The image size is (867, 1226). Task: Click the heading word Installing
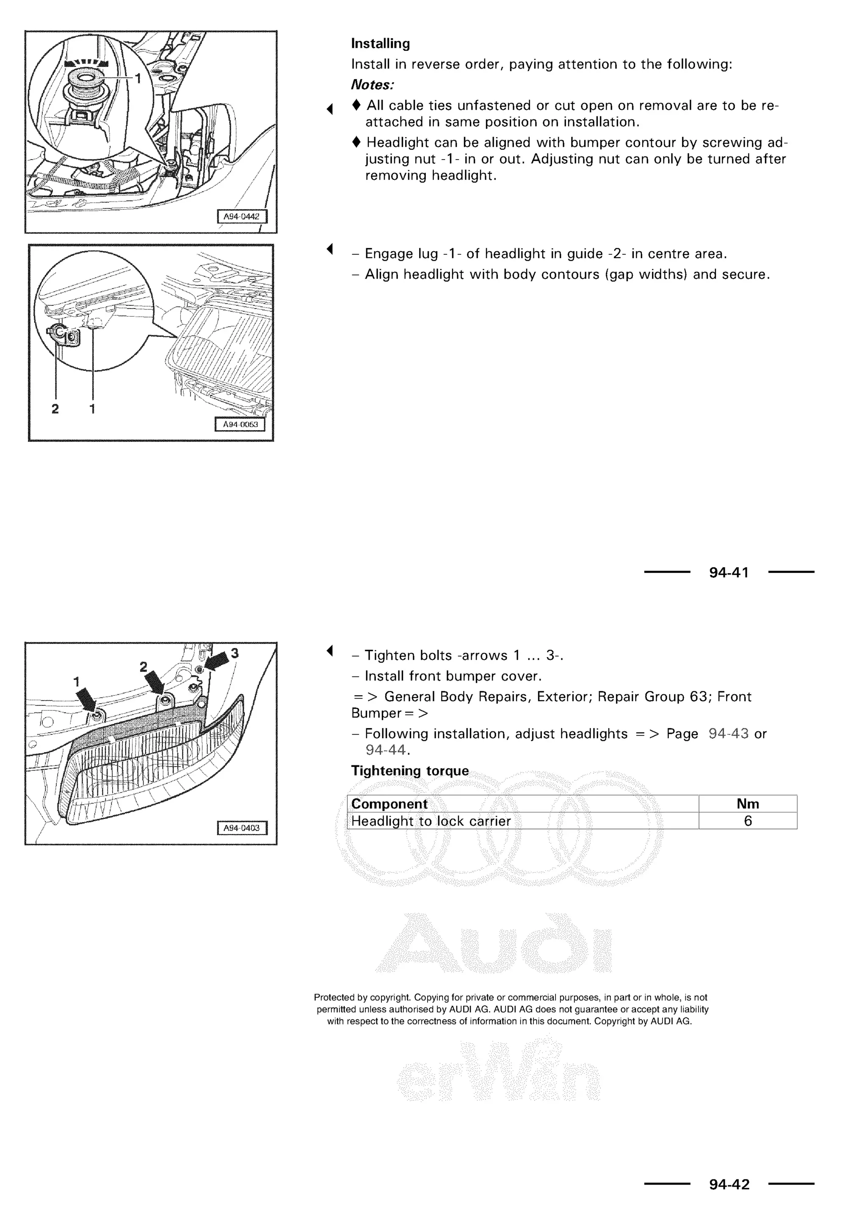(380, 44)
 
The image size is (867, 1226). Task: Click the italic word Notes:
(372, 85)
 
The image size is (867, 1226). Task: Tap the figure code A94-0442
(241, 216)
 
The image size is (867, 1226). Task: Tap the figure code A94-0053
(240, 425)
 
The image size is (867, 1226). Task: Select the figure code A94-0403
(241, 828)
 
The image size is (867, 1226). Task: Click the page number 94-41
(729, 573)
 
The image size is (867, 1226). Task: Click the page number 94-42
(729, 1185)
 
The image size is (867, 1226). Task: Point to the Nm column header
(748, 804)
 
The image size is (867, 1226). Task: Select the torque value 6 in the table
(748, 821)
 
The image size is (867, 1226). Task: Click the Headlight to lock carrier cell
(431, 821)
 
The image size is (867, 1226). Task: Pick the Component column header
(389, 804)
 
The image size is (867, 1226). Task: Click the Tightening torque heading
(409, 771)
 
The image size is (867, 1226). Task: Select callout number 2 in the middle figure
(55, 409)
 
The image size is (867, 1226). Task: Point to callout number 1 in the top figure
(138, 79)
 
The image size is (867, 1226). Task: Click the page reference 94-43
(728, 734)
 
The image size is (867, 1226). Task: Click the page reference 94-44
(386, 750)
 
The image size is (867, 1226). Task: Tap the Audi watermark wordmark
(494, 946)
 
